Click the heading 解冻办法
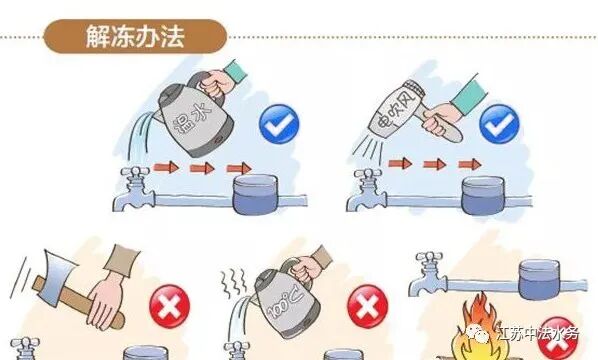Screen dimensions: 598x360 [135, 36]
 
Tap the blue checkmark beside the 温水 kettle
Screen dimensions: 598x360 [279, 124]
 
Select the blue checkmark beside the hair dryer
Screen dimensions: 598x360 [499, 124]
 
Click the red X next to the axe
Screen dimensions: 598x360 [169, 306]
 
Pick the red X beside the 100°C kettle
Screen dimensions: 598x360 [368, 306]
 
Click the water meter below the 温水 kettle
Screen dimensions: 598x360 [255, 194]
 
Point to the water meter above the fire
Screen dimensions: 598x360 [540, 279]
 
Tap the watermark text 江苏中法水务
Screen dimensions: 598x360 [539, 334]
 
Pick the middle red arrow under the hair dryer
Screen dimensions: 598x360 [435, 164]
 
